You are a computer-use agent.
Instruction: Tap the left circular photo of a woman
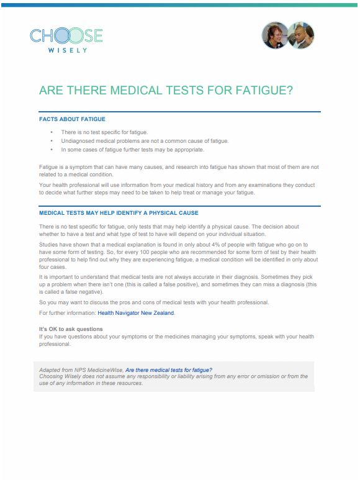(x=274, y=35)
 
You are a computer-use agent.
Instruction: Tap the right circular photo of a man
(x=302, y=35)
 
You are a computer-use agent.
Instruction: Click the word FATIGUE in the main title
(x=257, y=89)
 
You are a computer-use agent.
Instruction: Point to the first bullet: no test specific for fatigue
(x=104, y=133)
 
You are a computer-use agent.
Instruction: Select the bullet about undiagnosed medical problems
(x=145, y=141)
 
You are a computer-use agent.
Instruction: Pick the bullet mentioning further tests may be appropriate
(x=132, y=150)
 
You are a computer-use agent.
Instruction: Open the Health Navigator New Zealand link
(x=135, y=313)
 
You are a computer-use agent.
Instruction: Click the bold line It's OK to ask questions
(x=71, y=328)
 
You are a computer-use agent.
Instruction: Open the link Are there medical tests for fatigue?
(x=168, y=370)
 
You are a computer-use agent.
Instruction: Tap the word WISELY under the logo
(x=66, y=50)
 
